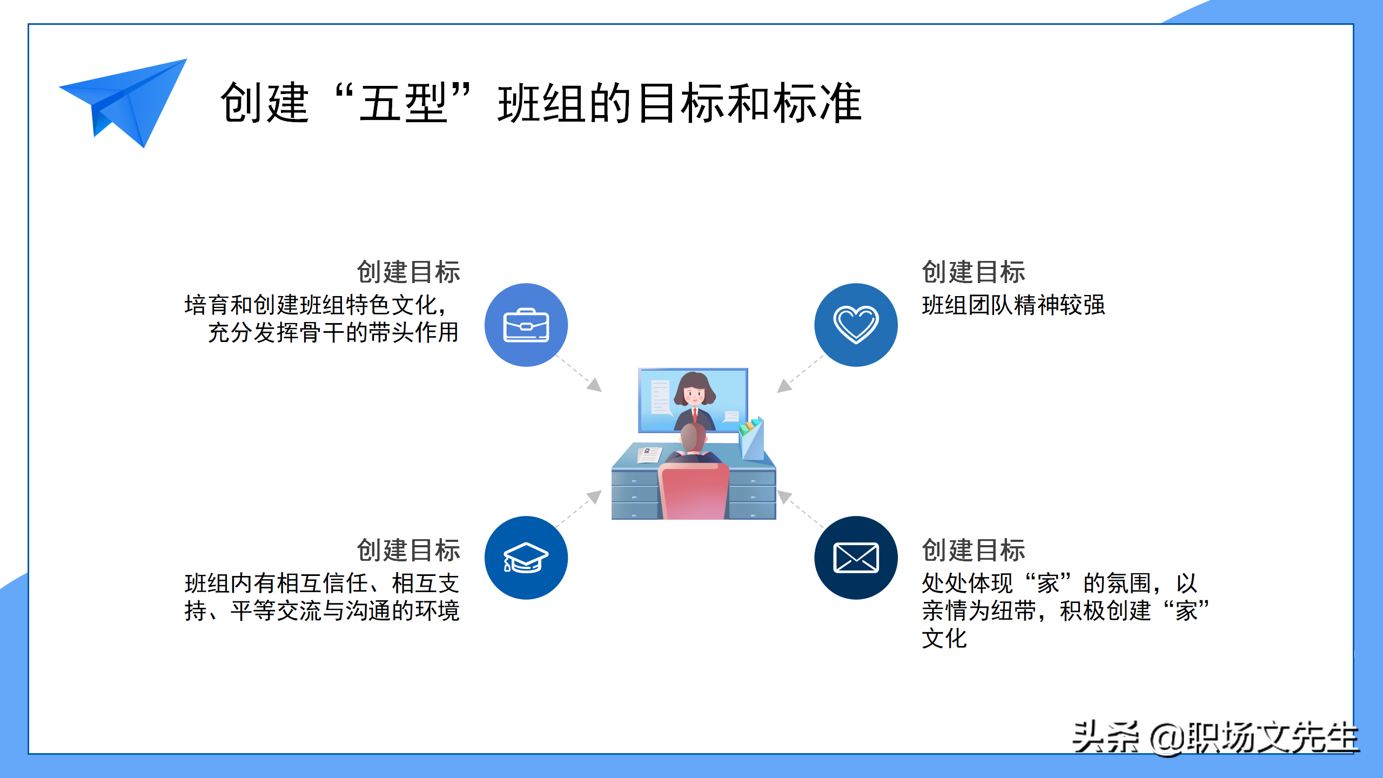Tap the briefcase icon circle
click(526, 325)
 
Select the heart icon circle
click(856, 325)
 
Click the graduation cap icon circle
click(526, 558)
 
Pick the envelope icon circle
click(856, 558)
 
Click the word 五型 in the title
click(403, 103)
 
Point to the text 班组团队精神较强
click(1013, 305)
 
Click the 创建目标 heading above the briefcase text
click(408, 272)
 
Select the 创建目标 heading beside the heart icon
click(974, 272)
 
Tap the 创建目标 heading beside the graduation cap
click(408, 550)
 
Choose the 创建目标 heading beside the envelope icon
click(974, 550)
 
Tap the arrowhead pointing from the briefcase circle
click(595, 385)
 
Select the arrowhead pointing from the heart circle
click(784, 386)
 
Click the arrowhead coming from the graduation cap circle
click(595, 497)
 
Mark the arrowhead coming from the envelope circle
click(784, 497)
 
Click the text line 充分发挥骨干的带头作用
click(333, 332)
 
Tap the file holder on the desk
click(752, 439)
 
